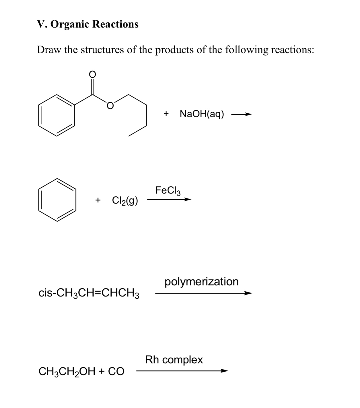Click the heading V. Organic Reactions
[88, 24]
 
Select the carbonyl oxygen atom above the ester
[92, 74]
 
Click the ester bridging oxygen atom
[110, 106]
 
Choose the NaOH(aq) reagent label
[202, 114]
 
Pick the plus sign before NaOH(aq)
[166, 114]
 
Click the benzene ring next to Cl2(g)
[57, 200]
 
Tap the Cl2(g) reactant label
[125, 200]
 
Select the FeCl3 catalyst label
[168, 190]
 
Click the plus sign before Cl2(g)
[98, 200]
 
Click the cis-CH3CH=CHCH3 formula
[89, 293]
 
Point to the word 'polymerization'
[201, 282]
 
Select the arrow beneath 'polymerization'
[203, 293]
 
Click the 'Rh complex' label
[174, 360]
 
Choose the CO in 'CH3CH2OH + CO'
[116, 372]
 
